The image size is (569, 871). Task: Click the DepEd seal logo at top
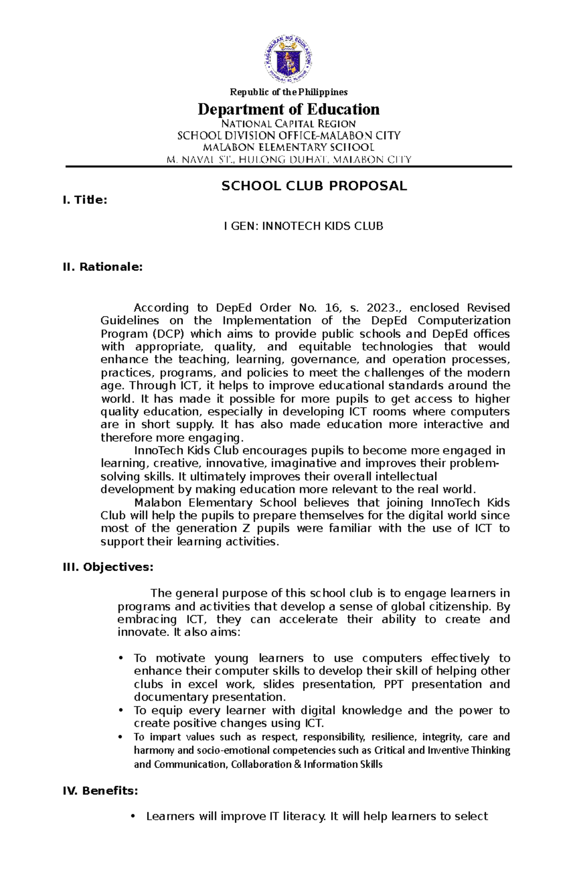(x=288, y=58)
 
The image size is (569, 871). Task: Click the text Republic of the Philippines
(x=288, y=92)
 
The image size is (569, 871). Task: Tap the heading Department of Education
(x=288, y=110)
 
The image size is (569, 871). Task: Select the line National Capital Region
(x=288, y=123)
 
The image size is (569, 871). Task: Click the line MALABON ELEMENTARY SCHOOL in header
(x=288, y=147)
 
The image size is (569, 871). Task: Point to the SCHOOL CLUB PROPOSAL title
(x=314, y=186)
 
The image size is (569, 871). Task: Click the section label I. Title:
(x=85, y=200)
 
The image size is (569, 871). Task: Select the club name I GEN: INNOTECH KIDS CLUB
(x=303, y=226)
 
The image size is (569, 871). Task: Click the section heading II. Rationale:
(x=102, y=267)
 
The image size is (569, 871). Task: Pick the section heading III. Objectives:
(x=108, y=567)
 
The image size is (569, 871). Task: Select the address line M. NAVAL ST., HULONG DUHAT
(x=288, y=159)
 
